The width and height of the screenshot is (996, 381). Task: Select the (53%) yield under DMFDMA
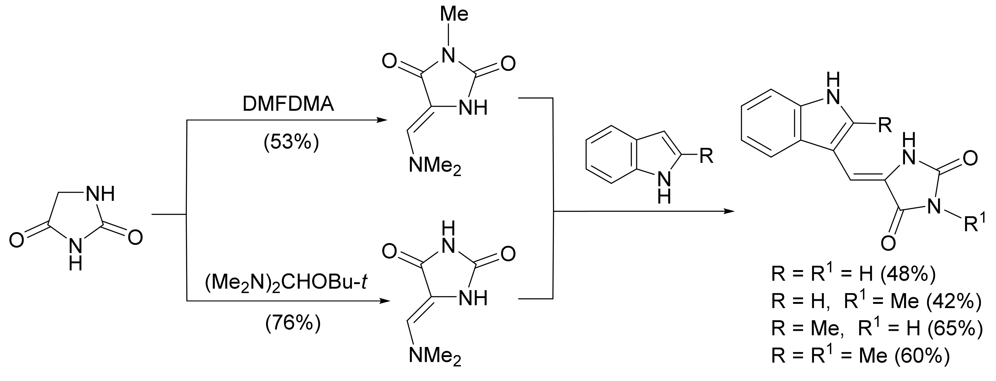coord(291,142)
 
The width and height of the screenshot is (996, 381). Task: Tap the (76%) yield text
coord(293,323)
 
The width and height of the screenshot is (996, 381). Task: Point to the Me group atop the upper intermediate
coord(454,14)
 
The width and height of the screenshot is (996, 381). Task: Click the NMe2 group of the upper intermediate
coord(435,167)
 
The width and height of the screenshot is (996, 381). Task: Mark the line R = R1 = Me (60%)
coord(860,355)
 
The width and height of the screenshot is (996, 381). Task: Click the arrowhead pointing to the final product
coord(728,211)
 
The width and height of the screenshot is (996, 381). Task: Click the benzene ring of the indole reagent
coord(610,154)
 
